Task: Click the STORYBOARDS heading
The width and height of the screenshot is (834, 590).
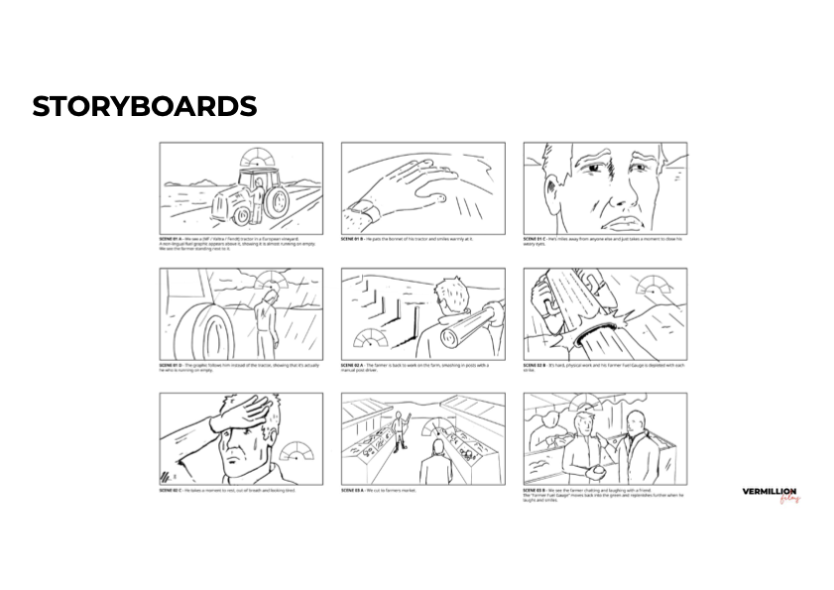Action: (x=145, y=106)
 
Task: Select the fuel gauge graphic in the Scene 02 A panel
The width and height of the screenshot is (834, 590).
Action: (x=370, y=337)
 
